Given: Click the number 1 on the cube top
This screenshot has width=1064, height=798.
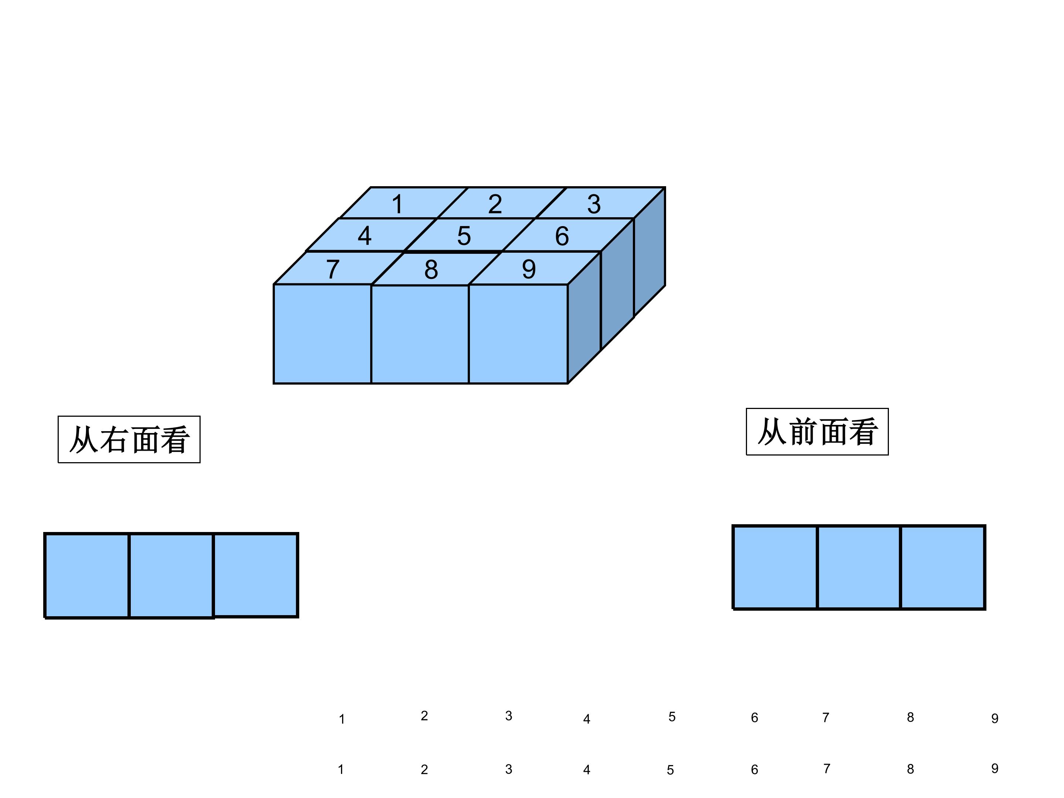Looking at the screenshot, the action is click(397, 204).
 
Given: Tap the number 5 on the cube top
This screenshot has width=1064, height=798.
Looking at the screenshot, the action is click(464, 236).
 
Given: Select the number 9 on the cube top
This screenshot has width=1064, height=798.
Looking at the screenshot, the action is click(529, 269).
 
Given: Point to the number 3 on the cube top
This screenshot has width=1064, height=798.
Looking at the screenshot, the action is click(594, 204).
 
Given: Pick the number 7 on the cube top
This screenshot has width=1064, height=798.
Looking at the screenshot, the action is click(333, 269).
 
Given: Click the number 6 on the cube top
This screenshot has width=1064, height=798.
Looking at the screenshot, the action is click(562, 236).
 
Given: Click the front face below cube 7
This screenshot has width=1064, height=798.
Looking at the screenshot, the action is click(322, 334).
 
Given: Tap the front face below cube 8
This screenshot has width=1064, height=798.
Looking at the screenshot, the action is click(420, 334).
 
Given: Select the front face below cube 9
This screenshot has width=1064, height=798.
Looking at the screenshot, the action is click(518, 334).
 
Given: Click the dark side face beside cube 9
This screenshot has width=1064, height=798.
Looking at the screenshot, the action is click(584, 317).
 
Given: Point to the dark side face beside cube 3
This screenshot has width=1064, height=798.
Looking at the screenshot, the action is click(649, 252).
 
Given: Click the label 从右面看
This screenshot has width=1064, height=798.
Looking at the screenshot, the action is click(129, 440).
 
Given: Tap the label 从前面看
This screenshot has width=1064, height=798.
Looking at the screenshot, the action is click(817, 432).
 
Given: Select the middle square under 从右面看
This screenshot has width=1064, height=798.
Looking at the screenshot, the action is click(171, 575).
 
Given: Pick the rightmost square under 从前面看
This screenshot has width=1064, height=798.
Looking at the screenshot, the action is click(943, 567).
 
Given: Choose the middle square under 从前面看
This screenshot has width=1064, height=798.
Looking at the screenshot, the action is click(859, 567).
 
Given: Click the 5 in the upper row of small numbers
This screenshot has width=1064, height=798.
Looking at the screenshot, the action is click(672, 717).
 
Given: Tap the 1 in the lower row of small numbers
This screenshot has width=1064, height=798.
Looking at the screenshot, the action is click(341, 770).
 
